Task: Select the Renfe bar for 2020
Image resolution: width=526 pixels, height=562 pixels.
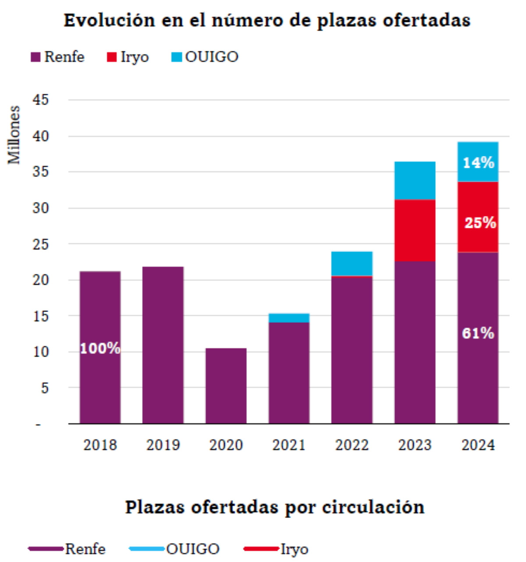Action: point(226,385)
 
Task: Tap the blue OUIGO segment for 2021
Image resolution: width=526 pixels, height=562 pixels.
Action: point(289,318)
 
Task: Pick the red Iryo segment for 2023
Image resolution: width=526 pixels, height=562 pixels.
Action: point(415,230)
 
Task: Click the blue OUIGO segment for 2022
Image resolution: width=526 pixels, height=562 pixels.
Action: point(352,263)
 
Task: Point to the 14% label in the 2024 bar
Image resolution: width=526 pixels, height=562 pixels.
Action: point(478,163)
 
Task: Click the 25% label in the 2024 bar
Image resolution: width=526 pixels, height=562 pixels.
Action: point(480,223)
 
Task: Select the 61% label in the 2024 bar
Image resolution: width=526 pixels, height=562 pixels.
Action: point(478,333)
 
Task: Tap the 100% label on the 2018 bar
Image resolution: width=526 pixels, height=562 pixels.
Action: point(100,348)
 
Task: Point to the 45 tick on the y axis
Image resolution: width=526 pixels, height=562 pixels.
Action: point(40,100)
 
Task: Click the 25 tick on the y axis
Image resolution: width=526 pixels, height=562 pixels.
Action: point(40,244)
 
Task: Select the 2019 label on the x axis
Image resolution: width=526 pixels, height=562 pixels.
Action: point(163,445)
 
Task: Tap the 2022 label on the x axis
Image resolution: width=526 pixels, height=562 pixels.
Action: point(352,445)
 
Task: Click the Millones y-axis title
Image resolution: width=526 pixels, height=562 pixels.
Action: point(14,135)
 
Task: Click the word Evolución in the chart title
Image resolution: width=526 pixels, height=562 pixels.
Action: point(109,20)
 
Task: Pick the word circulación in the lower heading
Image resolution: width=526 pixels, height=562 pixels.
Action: point(373,507)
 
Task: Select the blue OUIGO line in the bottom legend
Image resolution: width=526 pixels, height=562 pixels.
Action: point(147,549)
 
